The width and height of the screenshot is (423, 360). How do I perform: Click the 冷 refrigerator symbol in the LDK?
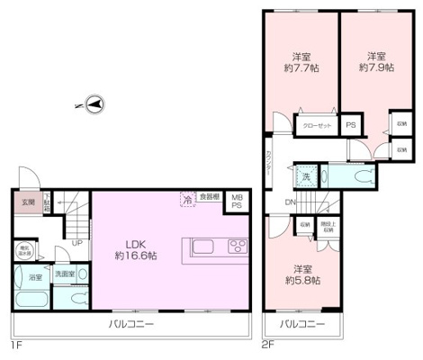[x=187, y=200]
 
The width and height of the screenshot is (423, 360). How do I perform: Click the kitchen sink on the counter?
[x=201, y=247]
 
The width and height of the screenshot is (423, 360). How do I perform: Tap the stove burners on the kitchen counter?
[x=238, y=247]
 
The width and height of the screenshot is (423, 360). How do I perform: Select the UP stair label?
[x=78, y=243]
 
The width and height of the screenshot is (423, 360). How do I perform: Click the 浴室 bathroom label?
[x=33, y=277]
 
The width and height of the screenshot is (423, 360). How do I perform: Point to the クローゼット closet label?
[x=318, y=126]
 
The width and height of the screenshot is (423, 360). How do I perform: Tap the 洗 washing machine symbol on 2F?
[x=306, y=176]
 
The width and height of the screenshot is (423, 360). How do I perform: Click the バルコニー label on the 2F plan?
[x=300, y=323]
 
